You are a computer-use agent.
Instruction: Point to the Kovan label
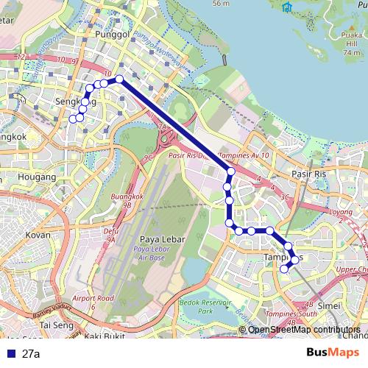38,235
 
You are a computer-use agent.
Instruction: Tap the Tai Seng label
52,325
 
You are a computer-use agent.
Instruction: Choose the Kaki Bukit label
103,336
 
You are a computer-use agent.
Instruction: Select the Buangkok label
126,197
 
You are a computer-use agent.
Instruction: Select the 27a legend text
30,353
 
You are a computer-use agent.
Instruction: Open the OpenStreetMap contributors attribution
303,330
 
